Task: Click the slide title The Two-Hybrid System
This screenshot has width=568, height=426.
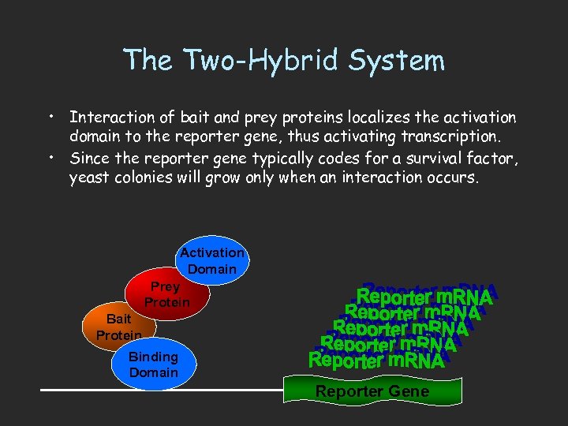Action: pos(284,60)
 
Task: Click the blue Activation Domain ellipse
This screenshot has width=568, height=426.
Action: pos(211,260)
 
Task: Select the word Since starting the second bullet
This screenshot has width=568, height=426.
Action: pos(89,159)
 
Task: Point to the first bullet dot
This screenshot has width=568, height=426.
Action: pos(50,118)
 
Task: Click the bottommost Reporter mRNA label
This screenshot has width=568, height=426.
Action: pos(376,361)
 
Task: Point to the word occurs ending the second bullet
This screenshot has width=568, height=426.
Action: pos(452,177)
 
